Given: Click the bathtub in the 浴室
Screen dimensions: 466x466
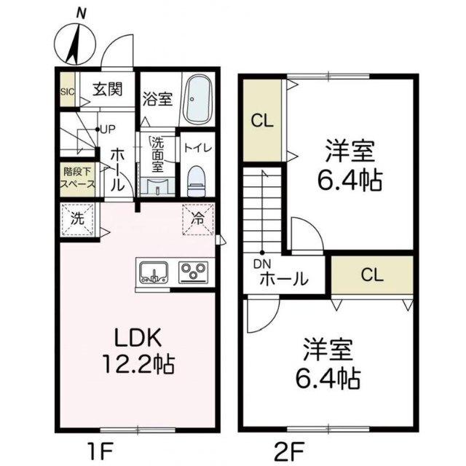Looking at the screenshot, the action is coord(197,100).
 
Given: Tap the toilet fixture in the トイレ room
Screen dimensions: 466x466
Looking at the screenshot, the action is coord(197,181).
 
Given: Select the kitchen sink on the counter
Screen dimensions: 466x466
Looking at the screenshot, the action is coord(154,272).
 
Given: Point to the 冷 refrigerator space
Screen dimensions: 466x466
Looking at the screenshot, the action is coord(198,219).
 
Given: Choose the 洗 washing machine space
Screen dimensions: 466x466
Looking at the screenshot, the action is coord(78,220).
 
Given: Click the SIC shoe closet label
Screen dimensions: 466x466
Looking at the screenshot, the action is coord(68,92).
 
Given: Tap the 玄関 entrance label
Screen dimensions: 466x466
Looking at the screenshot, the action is coord(108,89).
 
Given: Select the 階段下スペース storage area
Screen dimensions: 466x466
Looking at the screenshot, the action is coord(78,179).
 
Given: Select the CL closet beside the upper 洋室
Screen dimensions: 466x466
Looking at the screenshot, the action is coord(262,121).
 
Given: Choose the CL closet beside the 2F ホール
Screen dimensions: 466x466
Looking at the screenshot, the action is coord(372,275).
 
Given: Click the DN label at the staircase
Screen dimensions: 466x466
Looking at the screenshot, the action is coord(262,264).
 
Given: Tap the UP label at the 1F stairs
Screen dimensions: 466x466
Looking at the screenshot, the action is coord(108,130).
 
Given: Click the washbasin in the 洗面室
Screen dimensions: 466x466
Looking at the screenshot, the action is coord(157,186).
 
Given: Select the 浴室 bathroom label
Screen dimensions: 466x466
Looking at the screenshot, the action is coord(157,99).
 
